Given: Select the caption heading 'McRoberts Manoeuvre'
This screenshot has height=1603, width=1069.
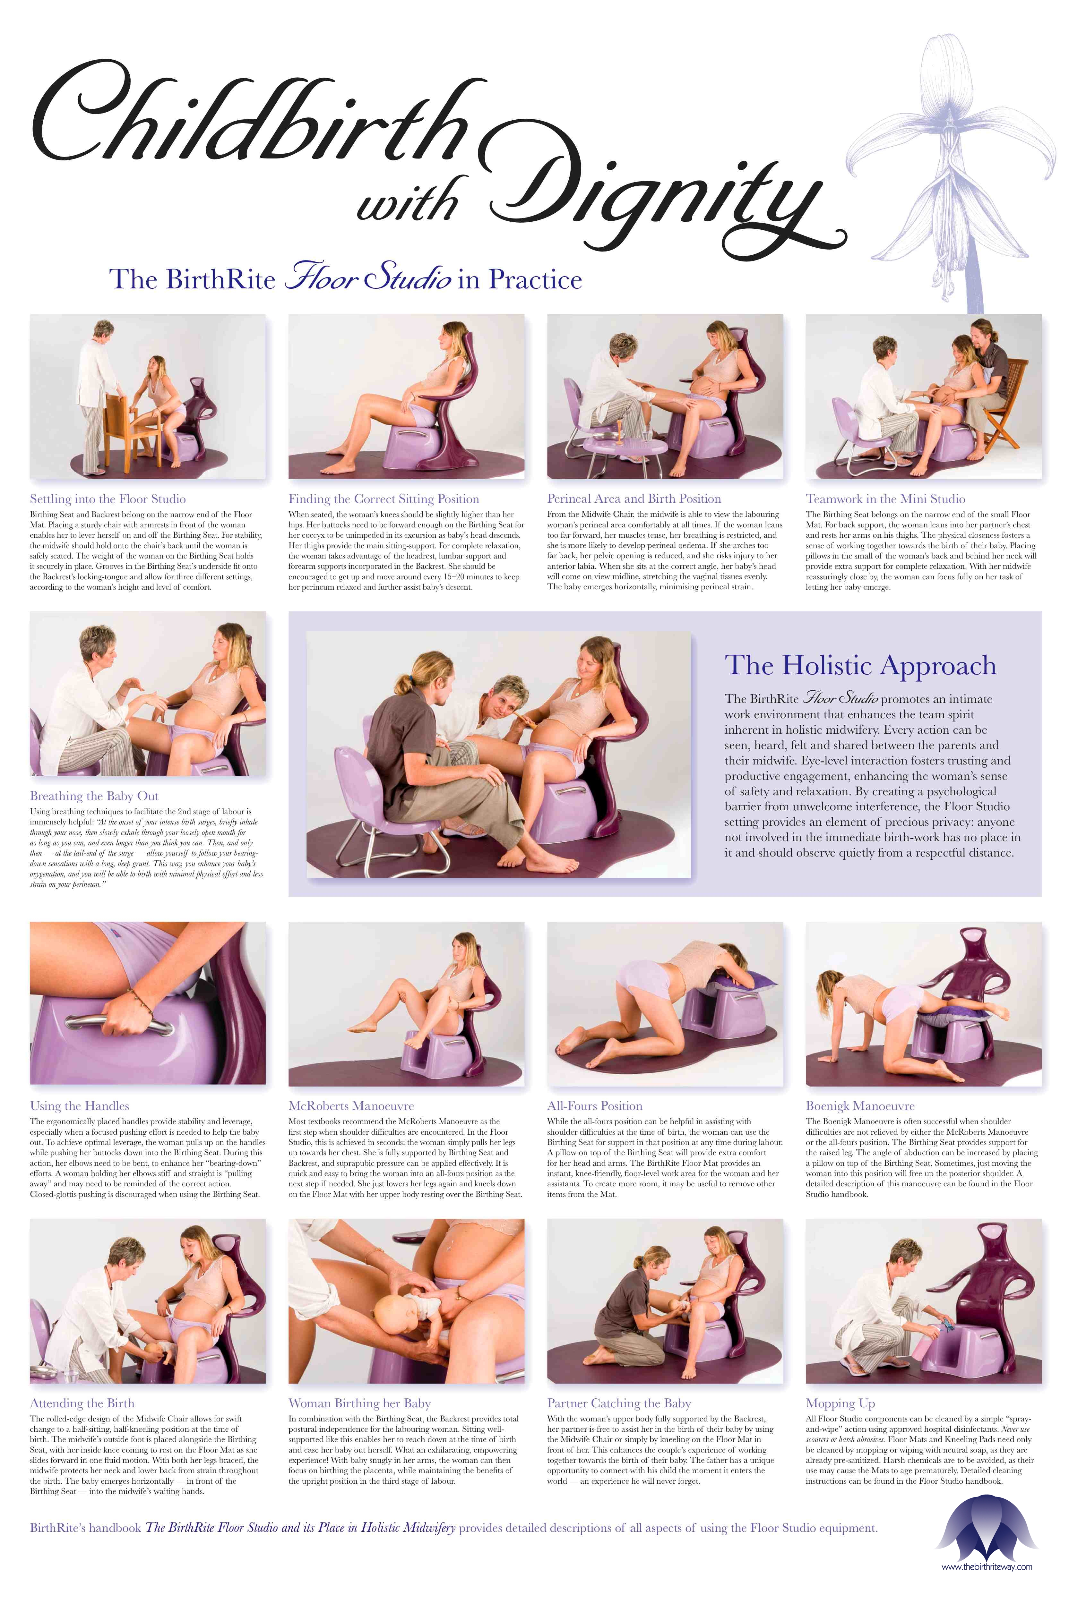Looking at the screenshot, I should point(351,1106).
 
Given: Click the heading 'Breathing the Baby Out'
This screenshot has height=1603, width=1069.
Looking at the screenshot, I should point(94,796).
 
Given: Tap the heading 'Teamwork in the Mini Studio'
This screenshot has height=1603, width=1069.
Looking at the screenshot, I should point(885,499).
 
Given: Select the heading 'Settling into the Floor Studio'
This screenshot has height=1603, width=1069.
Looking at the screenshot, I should point(108,499).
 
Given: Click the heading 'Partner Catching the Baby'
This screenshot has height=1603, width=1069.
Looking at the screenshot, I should point(618,1403).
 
